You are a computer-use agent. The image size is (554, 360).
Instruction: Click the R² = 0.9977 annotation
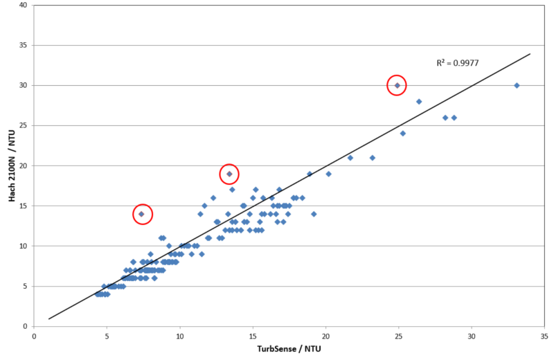click(458, 63)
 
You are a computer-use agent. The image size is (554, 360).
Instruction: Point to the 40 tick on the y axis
click(23, 6)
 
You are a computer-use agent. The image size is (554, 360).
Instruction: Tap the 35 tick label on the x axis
click(544, 336)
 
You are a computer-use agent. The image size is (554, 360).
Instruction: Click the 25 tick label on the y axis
click(23, 126)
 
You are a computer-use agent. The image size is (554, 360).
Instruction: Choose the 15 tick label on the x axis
click(253, 336)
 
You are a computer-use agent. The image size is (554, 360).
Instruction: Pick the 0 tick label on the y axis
click(26, 326)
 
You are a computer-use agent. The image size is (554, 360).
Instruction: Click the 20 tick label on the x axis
click(325, 336)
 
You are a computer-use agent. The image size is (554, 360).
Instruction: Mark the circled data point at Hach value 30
click(397, 85)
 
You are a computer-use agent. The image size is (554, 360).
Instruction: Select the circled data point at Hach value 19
click(229, 174)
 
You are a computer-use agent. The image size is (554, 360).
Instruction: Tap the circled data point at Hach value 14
click(141, 214)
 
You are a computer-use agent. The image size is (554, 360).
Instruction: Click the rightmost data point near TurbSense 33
click(517, 85)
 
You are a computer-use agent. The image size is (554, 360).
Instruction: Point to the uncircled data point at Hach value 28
click(419, 102)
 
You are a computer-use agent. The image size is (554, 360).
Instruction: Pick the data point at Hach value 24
click(402, 134)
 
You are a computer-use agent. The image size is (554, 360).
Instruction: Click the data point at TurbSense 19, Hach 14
click(314, 214)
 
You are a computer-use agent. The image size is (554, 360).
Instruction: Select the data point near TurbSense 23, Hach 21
click(372, 158)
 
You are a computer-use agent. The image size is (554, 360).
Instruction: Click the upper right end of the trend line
click(530, 53)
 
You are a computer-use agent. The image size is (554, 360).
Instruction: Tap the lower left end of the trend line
click(49, 318)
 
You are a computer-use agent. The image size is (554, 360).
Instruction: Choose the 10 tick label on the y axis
click(23, 246)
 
